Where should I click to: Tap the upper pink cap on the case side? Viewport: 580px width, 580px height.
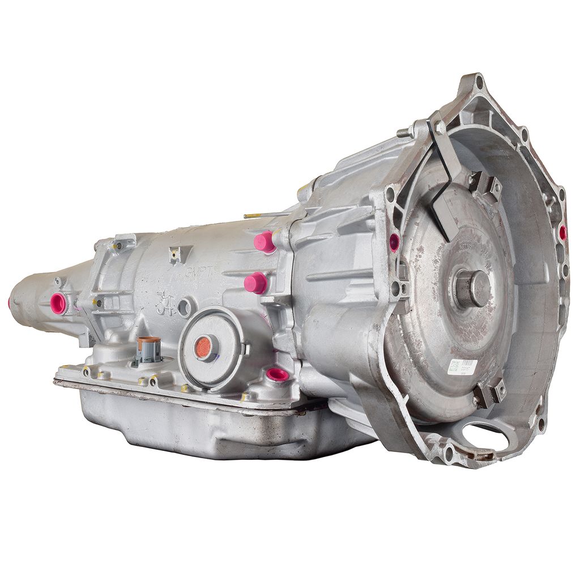point(264,242)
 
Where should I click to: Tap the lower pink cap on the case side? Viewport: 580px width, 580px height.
point(255,282)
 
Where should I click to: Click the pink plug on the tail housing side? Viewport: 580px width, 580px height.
point(58,303)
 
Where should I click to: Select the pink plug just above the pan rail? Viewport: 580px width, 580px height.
point(277,374)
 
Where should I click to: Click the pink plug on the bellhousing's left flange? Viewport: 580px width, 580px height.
point(394,242)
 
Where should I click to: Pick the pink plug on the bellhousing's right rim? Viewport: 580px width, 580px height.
point(562,232)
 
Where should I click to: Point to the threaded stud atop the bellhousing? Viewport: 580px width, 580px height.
point(403,133)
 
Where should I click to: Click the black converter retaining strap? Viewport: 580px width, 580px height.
point(445,181)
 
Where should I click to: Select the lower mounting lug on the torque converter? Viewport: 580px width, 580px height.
point(490,391)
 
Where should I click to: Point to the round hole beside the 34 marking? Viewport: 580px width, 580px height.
point(184,308)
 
